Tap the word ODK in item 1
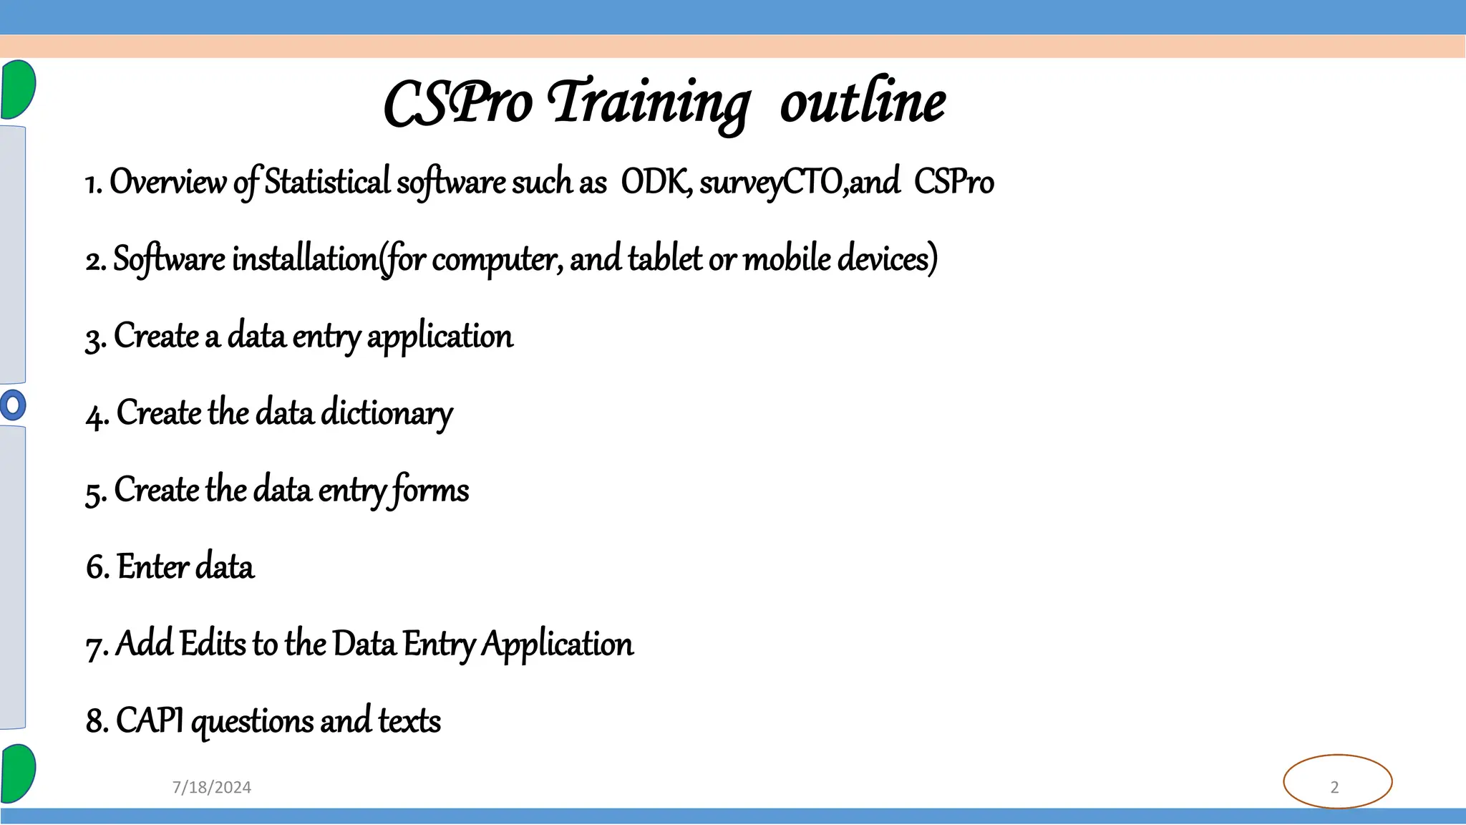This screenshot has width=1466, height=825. tap(654, 182)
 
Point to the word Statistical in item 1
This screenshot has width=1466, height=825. tap(327, 182)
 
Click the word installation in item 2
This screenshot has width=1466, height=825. tap(305, 259)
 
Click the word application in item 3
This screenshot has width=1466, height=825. tap(440, 337)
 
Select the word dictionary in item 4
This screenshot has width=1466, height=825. tap(387, 413)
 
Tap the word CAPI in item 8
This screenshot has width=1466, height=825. tap(150, 720)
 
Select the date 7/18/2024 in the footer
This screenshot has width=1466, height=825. tap(212, 787)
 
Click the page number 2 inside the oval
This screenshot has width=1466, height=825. tap(1334, 787)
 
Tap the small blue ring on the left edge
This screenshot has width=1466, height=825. tap(12, 405)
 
